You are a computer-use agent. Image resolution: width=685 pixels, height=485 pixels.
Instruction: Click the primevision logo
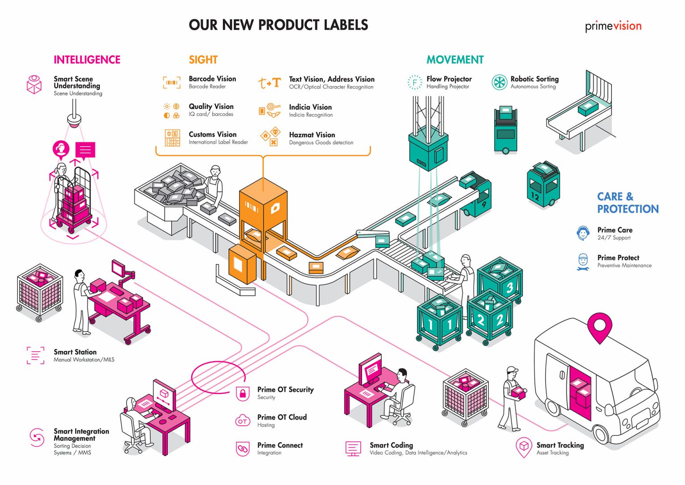[x=613, y=26]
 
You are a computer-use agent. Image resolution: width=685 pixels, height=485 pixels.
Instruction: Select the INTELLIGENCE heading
[x=87, y=60]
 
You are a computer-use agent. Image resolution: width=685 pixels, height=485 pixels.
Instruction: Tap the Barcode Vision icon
[x=172, y=82]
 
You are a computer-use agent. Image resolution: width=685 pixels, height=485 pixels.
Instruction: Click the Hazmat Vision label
[x=312, y=135]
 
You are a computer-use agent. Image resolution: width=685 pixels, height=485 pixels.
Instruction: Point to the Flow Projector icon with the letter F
[x=415, y=82]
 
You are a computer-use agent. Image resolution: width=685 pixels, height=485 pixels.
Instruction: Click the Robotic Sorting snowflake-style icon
[x=499, y=82]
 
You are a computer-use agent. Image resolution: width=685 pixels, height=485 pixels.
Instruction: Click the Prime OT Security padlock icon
[x=243, y=393]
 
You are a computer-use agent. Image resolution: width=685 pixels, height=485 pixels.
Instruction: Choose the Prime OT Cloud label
[x=282, y=417]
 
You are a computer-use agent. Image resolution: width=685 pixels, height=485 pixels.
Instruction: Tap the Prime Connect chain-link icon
[x=243, y=448]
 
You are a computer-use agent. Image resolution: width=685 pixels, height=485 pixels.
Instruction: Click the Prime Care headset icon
[x=582, y=233]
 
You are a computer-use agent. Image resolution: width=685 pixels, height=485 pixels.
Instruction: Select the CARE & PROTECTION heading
[x=627, y=203]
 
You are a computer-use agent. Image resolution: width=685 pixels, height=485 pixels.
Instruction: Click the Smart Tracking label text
[x=560, y=445]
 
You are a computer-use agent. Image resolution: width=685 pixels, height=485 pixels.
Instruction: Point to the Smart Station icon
[x=35, y=355]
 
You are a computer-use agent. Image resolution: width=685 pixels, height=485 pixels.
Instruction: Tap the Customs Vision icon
[x=172, y=138]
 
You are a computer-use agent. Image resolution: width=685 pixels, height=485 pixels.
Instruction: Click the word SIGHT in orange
[x=203, y=60]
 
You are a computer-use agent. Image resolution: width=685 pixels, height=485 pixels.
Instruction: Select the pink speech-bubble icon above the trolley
[x=85, y=150]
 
